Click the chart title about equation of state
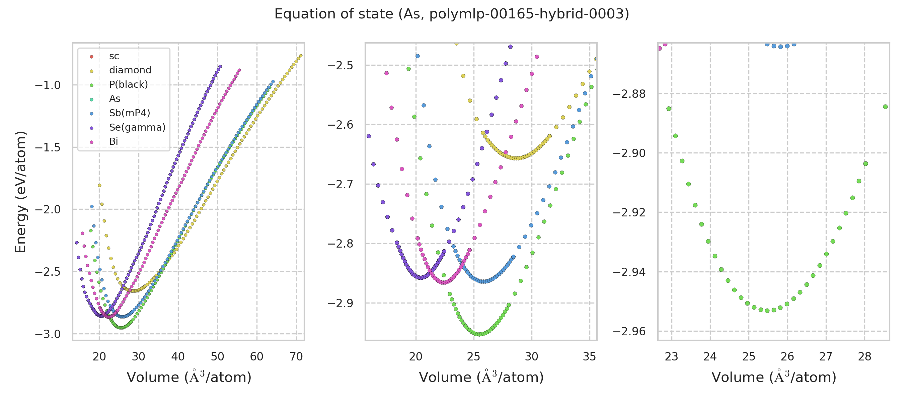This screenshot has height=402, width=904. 452,14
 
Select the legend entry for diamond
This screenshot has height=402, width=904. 130,70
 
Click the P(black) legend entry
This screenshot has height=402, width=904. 129,85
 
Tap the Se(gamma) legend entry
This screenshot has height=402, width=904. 137,127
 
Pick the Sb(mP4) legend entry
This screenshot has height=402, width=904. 130,113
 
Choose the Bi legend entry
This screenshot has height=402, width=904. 114,141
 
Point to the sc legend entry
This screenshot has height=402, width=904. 114,56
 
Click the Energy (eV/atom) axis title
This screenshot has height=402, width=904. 21,192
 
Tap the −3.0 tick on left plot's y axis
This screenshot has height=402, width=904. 48,334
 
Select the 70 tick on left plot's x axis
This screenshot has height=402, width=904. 296,357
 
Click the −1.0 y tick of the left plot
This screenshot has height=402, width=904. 48,85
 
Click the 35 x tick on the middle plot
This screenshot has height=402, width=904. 590,357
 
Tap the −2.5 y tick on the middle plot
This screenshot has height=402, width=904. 340,66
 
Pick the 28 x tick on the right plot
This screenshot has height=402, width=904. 865,357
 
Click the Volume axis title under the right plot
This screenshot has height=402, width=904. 774,378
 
